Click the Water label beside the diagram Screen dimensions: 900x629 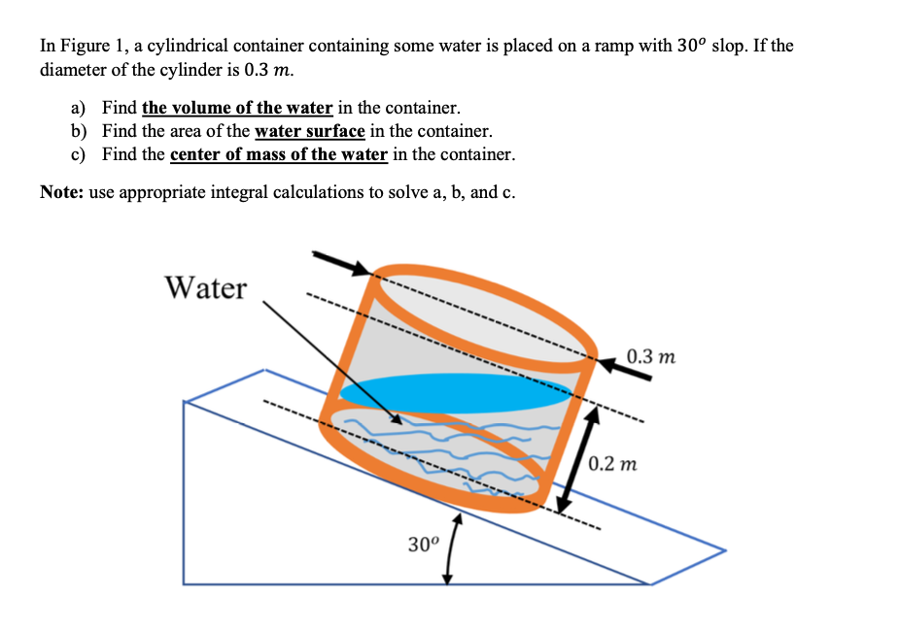pyautogui.click(x=205, y=288)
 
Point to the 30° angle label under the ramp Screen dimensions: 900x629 pyautogui.click(x=424, y=544)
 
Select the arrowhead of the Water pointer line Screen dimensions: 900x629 pyautogui.click(x=394, y=418)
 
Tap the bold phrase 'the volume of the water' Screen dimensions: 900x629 pyautogui.click(x=237, y=108)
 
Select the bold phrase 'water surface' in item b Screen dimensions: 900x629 pyautogui.click(x=309, y=131)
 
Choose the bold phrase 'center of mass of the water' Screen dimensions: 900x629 pyautogui.click(x=279, y=154)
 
